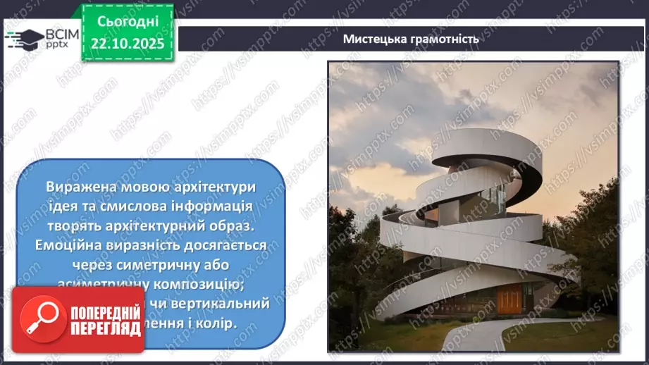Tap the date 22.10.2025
(128, 42)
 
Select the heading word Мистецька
(376, 39)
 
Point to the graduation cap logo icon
(25, 38)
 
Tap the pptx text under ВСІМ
(56, 47)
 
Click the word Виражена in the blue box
(76, 187)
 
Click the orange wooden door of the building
(509, 299)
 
